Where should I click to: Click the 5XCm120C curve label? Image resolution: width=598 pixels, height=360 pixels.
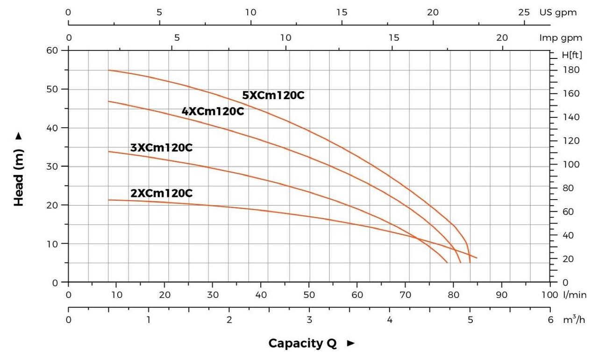coord(273,95)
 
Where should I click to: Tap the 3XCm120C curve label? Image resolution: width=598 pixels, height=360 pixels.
coord(161,148)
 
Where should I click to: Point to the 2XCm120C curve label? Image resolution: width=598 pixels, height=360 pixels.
coord(161,193)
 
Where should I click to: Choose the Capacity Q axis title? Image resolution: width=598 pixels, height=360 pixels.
coord(302,343)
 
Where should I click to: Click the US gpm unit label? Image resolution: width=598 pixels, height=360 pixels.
coord(558,13)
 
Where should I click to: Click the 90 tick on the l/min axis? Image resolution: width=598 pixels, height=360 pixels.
coord(502,295)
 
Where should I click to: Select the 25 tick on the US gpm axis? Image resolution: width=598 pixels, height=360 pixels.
coord(524,13)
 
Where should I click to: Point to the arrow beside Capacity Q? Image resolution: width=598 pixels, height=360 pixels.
coord(351,344)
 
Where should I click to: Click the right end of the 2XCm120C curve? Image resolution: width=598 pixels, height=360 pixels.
coord(477,258)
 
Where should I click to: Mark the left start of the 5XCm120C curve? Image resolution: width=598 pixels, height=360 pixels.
coord(109,70)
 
